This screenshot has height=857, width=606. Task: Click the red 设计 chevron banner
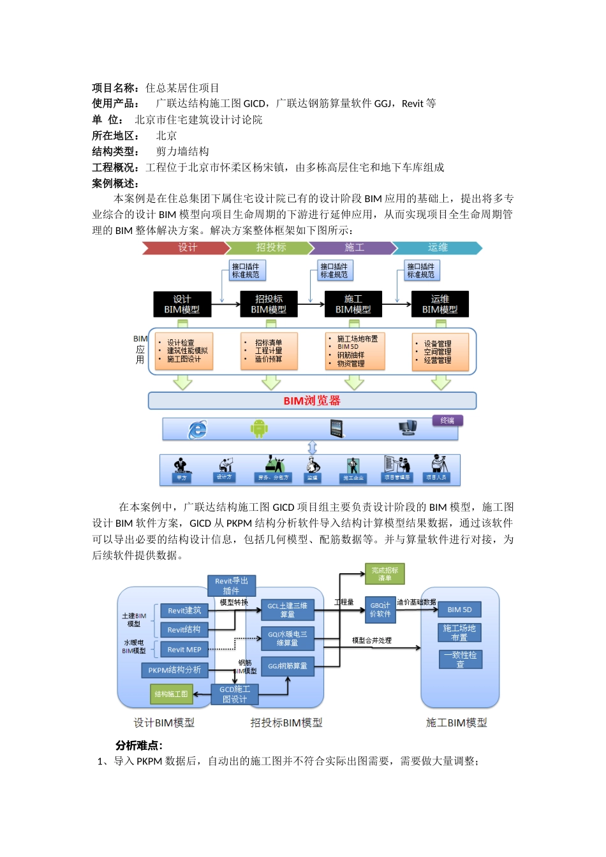pos(186,248)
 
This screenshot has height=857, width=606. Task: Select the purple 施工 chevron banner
pos(353,248)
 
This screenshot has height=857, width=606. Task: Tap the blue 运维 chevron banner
pos(438,248)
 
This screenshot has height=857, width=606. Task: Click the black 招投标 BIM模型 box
pos(269,304)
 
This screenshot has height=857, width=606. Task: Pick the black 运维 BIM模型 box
pos(440,304)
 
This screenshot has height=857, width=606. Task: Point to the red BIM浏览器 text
pos(312,401)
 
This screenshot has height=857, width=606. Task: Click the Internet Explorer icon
pos(197,430)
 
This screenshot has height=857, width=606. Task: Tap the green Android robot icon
pos(259,428)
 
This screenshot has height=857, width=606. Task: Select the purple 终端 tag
pos(447,421)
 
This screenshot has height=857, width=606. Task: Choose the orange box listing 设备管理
pos(440,352)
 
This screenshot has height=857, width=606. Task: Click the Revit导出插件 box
pos(232,586)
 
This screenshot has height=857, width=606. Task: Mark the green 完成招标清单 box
pos(385,574)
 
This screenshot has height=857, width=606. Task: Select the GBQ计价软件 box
pos(380,610)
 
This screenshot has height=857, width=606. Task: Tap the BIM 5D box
pos(459,610)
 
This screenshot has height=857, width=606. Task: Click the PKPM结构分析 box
pos(174,670)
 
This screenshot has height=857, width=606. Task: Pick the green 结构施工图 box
pos(171,694)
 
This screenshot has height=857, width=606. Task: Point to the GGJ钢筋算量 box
pos(288,666)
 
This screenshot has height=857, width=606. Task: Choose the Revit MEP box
pos(184,650)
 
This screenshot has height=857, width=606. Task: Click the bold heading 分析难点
pos(139,745)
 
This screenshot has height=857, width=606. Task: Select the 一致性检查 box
pos(461,659)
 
